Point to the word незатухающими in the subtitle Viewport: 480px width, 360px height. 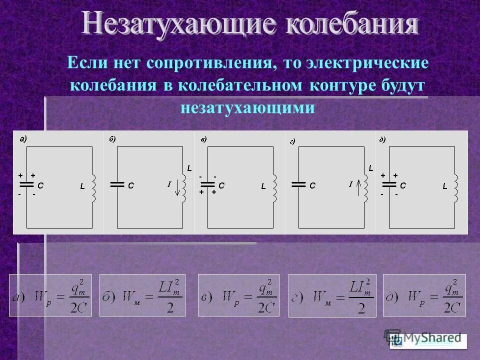247,108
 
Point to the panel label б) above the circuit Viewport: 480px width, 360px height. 112,139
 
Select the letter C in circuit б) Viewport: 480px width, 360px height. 131,185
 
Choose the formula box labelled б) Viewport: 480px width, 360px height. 142,295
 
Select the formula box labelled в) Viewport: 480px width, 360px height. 238,295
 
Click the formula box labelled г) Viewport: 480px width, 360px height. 332,295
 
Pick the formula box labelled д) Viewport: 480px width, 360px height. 424,295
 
